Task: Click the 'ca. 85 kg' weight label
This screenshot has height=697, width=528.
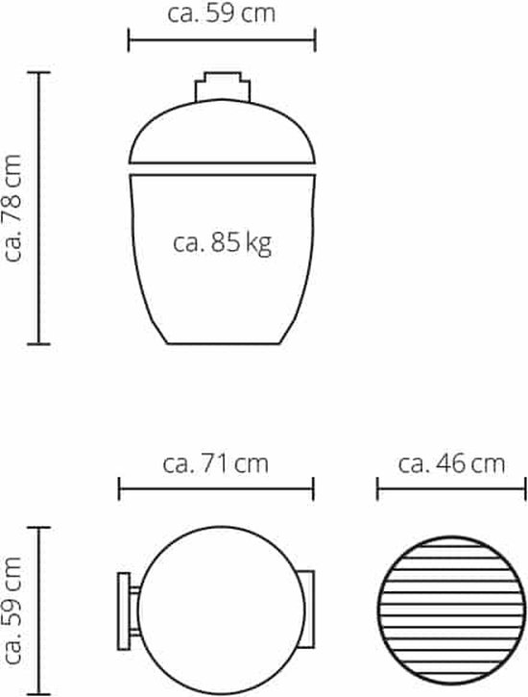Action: pyautogui.click(x=222, y=243)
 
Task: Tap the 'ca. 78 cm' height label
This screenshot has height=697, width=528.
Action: pyautogui.click(x=12, y=208)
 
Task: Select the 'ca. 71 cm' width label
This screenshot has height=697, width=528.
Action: pyautogui.click(x=216, y=463)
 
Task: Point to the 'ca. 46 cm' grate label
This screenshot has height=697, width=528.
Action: pyautogui.click(x=451, y=463)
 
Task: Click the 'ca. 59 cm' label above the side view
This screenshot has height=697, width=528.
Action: pyautogui.click(x=222, y=13)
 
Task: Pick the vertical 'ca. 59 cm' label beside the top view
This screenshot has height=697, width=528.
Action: pyautogui.click(x=12, y=610)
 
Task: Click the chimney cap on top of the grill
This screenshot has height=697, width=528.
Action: pyautogui.click(x=223, y=87)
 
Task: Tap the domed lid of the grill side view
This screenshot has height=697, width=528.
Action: pyautogui.click(x=222, y=132)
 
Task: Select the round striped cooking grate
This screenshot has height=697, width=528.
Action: pyautogui.click(x=452, y=610)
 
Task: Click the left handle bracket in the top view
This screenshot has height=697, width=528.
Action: pyautogui.click(x=129, y=611)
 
